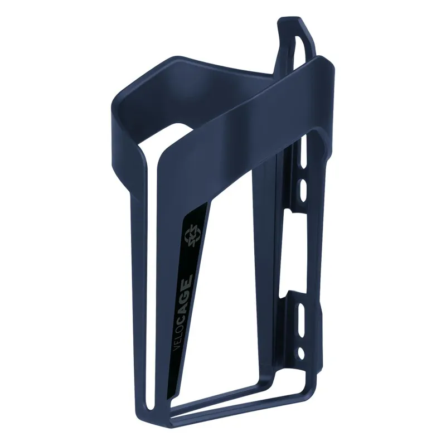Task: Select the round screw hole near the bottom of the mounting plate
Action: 302,352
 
